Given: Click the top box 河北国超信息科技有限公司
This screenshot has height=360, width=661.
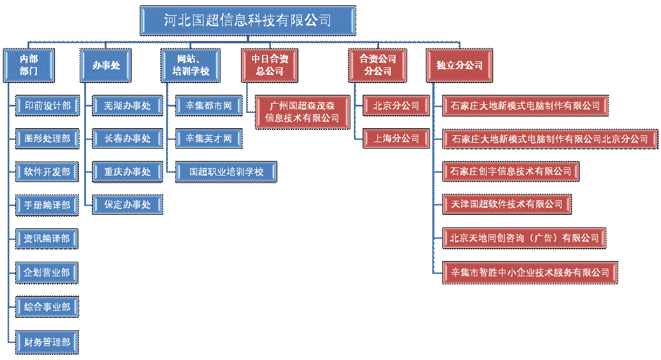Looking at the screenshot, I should (247, 20).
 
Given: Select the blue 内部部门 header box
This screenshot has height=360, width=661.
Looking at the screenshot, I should (29, 65).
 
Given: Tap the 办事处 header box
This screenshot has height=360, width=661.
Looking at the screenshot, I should (106, 65).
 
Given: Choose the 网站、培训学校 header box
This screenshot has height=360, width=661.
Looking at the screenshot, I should (191, 65).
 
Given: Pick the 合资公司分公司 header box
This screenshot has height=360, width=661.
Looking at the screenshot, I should (377, 65).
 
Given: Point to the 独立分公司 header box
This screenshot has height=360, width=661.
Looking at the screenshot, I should (459, 65).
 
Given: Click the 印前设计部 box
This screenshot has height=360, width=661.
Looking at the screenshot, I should (47, 105).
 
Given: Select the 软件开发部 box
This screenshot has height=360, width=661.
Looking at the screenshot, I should (47, 172).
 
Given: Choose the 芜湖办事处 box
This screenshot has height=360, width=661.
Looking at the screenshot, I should (127, 105).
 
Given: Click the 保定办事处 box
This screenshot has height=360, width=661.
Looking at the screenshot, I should (127, 205).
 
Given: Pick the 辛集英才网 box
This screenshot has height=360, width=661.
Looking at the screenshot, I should (209, 139).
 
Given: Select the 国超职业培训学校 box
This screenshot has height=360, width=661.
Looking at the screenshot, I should (226, 172).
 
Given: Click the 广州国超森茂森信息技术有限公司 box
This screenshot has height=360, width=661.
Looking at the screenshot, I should (302, 112).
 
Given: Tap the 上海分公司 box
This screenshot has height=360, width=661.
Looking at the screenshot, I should (396, 139).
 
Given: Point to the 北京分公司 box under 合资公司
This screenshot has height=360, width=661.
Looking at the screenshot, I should (396, 106).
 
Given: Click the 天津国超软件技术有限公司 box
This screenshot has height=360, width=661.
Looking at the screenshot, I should (507, 204).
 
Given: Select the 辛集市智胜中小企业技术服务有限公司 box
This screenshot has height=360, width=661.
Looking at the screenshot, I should (530, 272).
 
